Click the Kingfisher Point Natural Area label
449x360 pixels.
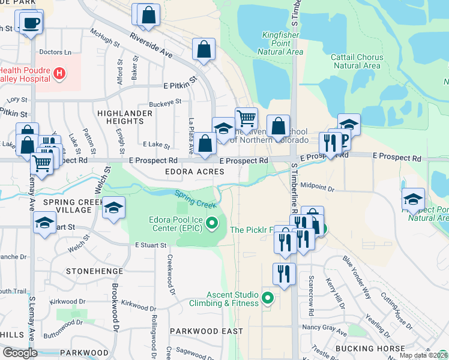[282, 43]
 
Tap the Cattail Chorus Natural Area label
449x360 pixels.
[357, 61]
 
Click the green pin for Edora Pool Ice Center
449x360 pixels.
[211, 224]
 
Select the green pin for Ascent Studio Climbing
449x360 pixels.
[268, 298]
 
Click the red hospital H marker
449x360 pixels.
[59, 74]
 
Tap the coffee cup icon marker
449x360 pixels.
[31, 23]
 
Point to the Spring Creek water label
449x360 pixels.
[195, 200]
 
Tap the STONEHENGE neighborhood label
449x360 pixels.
[94, 271]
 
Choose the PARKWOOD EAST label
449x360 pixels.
[206, 331]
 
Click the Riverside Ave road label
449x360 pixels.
[151, 47]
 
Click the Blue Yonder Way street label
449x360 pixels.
[356, 276]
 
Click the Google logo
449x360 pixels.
[20, 353]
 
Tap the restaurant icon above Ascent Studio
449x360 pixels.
[283, 273]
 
